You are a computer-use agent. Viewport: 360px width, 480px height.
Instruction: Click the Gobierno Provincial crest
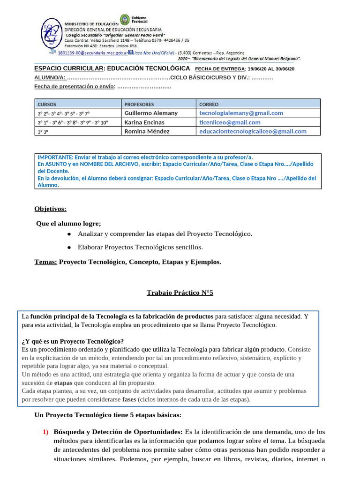click(124, 20)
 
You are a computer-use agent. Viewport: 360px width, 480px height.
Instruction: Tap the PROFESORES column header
click(139, 104)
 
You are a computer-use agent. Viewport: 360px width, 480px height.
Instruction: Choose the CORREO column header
click(209, 104)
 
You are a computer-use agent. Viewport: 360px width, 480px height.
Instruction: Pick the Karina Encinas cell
click(144, 122)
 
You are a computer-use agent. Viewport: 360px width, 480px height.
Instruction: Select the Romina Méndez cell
click(147, 131)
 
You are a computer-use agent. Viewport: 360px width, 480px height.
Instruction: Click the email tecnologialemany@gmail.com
click(241, 113)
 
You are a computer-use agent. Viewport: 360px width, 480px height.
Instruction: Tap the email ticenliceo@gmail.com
click(230, 122)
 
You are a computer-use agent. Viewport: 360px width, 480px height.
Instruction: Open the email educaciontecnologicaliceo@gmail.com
click(253, 131)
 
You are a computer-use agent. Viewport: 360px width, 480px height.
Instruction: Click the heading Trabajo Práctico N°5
click(180, 293)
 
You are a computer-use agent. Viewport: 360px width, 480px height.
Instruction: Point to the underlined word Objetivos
click(50, 209)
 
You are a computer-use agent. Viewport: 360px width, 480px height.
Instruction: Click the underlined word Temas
click(45, 262)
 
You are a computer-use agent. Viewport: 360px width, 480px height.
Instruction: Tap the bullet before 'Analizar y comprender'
click(69, 234)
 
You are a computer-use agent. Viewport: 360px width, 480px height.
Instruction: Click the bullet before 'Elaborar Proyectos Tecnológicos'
click(69, 247)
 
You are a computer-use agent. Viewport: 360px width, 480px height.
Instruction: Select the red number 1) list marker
click(46, 432)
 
